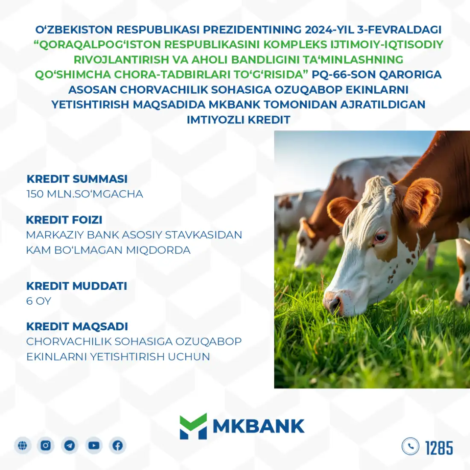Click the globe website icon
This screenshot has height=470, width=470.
coord(22,445)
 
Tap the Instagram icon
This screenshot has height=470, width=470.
coord(46,445)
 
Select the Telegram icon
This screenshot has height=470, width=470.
coord(70,445)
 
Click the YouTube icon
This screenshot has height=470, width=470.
coord(94,445)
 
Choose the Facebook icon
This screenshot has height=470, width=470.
coord(117,445)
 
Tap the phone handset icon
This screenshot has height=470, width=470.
coord(410,446)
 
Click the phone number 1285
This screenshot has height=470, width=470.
coord(439,448)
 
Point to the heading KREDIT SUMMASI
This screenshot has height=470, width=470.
coord(77,179)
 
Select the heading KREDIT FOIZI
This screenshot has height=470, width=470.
coord(64,220)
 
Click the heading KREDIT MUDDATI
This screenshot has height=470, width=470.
coord(77,286)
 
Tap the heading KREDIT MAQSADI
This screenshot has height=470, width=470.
coord(77,326)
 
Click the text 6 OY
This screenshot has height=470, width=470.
coord(38,301)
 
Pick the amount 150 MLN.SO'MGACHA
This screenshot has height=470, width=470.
coord(85,194)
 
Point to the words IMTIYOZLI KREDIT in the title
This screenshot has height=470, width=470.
coord(238,120)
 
